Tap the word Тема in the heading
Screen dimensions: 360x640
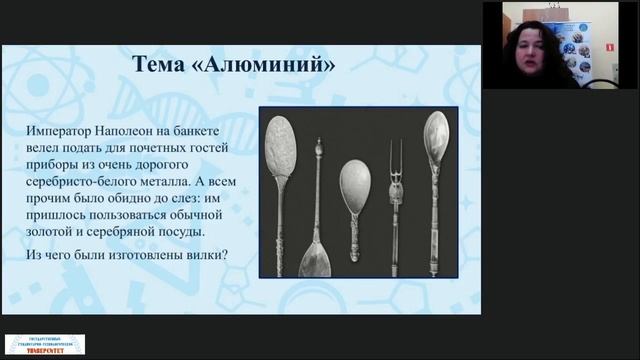[165, 66]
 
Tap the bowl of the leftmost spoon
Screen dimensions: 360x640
[283, 147]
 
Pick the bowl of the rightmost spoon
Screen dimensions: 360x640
[436, 137]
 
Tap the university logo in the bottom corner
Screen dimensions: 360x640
[45, 345]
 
